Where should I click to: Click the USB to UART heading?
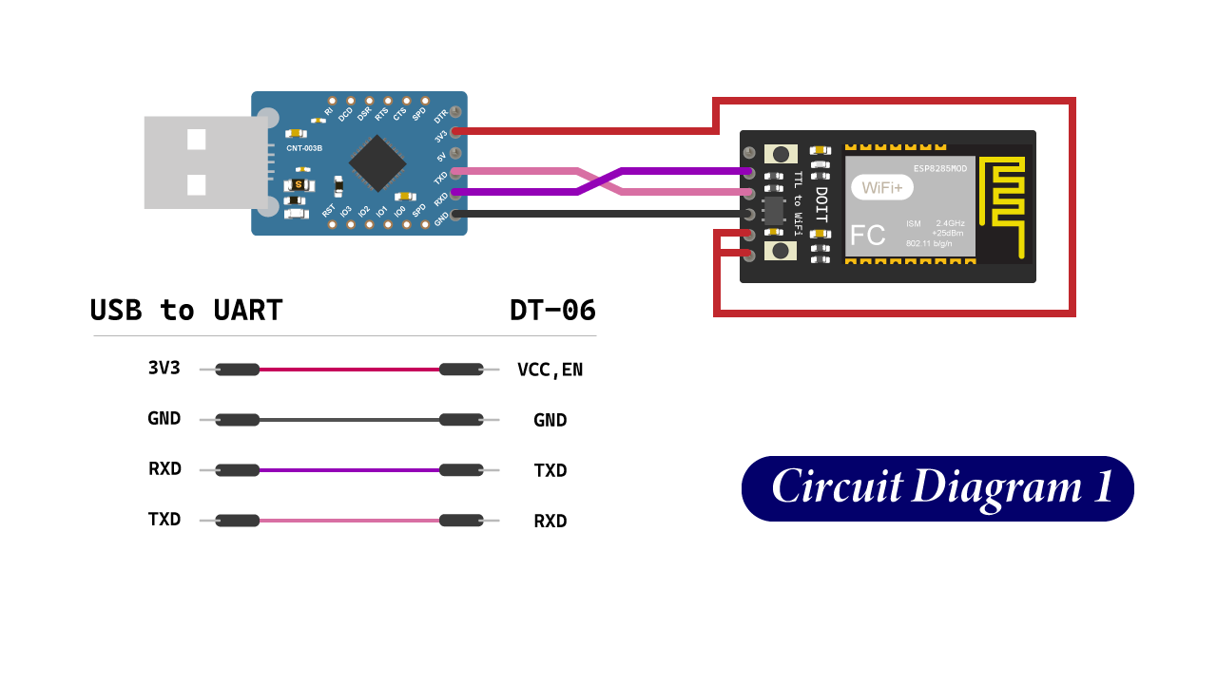[x=186, y=311]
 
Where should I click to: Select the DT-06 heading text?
[x=552, y=311]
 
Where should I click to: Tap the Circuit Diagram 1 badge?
[x=937, y=488]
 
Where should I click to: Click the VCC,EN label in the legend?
[x=550, y=370]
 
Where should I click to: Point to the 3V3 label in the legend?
[x=164, y=368]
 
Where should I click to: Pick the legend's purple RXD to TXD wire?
[x=349, y=469]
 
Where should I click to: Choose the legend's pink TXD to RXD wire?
[x=349, y=520]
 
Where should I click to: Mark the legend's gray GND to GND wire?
[x=349, y=419]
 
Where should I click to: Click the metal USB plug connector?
[x=204, y=162]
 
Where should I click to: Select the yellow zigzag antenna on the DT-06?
[x=1003, y=205]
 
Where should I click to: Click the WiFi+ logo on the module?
[x=881, y=187]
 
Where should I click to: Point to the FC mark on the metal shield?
[x=867, y=236]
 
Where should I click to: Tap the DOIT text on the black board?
[x=821, y=203]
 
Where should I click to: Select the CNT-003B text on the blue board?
[x=304, y=148]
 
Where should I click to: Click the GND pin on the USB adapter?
[x=455, y=215]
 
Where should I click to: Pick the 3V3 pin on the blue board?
[x=455, y=131]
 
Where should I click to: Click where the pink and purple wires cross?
[x=600, y=181]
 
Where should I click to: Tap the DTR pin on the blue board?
[x=455, y=112]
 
